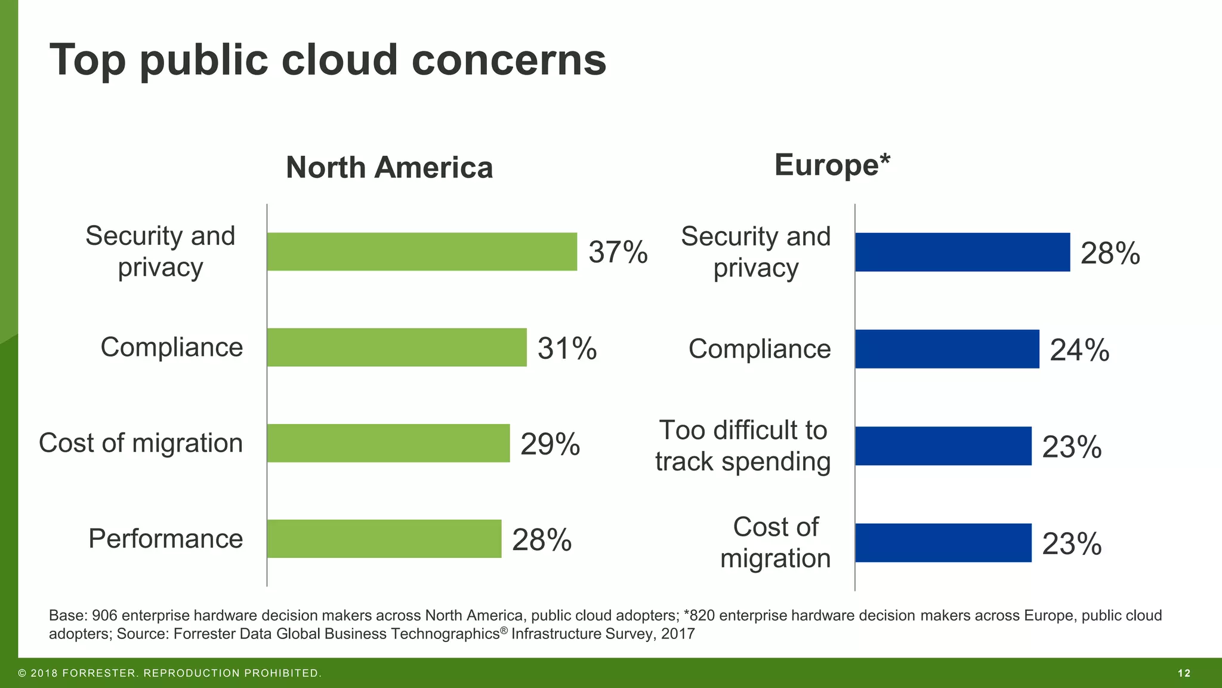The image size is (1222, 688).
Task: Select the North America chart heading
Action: [389, 167]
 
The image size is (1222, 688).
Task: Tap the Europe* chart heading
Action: [832, 165]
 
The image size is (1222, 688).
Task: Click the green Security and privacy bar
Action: [422, 251]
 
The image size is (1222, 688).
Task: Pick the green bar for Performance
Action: [384, 539]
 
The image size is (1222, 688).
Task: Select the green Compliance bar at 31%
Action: [397, 347]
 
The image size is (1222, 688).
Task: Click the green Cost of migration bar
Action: [388, 443]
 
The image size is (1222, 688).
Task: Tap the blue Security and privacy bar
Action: [962, 252]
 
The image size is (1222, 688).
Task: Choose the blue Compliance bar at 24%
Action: [947, 349]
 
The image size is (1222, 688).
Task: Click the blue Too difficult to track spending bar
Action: [943, 446]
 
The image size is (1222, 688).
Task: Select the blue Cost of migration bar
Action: [943, 543]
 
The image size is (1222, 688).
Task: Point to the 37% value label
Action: [618, 252]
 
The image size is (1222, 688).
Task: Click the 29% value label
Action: [550, 444]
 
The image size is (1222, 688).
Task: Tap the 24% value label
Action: [1079, 350]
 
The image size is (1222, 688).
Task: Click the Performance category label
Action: [165, 539]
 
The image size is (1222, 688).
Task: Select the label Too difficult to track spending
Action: [742, 446]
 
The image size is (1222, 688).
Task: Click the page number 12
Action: [1184, 673]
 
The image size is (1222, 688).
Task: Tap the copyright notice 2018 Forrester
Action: [170, 673]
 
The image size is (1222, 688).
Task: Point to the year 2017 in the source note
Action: [678, 634]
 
